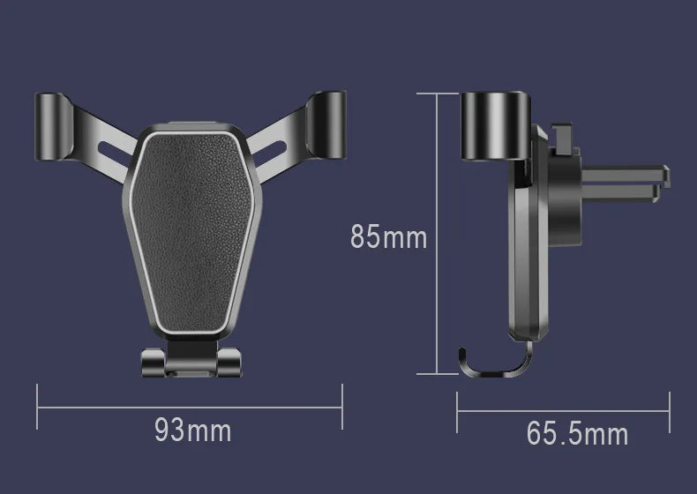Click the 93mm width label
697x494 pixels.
192,430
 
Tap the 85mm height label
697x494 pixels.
388,236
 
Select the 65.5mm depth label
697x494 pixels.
577,433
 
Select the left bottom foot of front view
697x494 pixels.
151,363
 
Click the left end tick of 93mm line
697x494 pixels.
37,407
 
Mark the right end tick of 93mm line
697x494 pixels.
341,407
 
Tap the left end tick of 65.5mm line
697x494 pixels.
458,407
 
